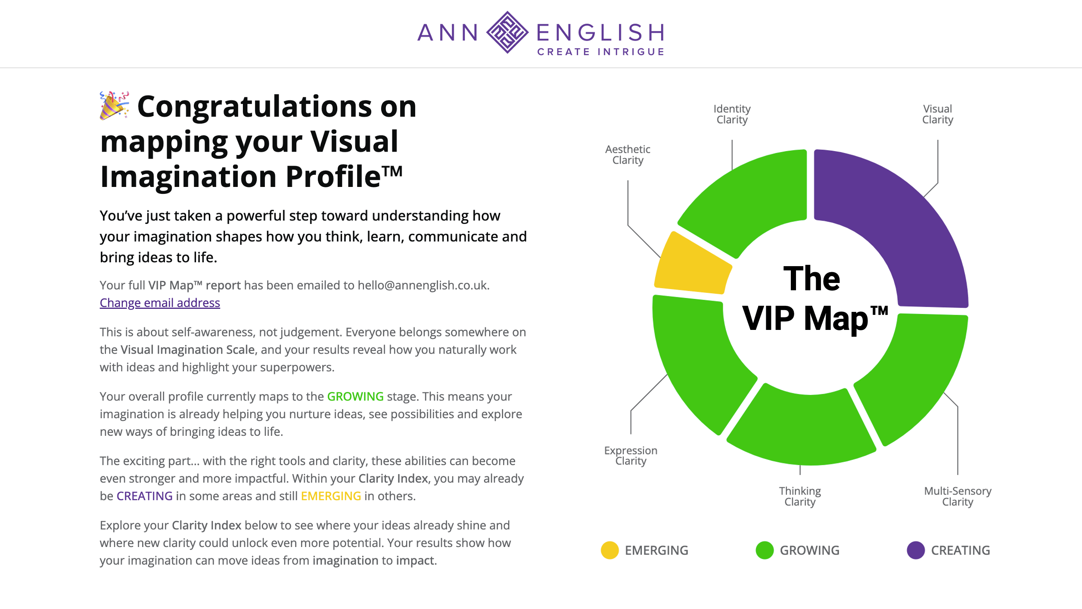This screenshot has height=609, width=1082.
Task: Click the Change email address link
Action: [x=160, y=303]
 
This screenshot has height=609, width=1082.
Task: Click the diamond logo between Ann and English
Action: [x=507, y=32]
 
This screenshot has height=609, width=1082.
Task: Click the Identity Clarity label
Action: [x=732, y=114]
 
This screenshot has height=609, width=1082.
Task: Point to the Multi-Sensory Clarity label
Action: [x=958, y=497]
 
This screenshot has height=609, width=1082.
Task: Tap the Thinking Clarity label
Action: [x=800, y=497]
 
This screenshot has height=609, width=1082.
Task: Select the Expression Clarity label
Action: [x=631, y=456]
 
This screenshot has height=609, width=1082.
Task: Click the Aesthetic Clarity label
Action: [x=628, y=155]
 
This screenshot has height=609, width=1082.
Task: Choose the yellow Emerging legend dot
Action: [x=609, y=550]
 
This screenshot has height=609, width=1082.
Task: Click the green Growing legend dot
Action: [x=765, y=550]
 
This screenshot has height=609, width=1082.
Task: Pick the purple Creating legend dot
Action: [x=916, y=550]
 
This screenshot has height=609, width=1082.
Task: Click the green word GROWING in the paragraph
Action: [x=355, y=396]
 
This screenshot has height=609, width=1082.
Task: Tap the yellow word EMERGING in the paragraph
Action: [x=331, y=496]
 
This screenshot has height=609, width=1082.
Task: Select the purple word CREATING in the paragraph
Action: [x=145, y=496]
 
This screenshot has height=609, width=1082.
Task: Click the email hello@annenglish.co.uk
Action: [x=423, y=285]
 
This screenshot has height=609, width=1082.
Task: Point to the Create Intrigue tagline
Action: [x=601, y=52]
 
